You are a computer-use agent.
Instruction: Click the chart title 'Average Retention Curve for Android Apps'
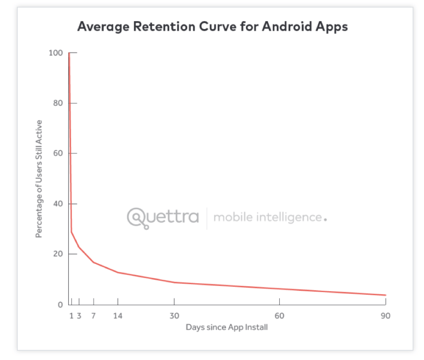(213, 27)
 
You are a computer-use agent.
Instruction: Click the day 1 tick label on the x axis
(72, 316)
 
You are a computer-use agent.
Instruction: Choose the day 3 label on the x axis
(79, 316)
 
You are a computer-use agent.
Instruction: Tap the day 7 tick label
(93, 316)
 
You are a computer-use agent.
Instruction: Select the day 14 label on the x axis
(118, 316)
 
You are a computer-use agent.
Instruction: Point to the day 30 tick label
(174, 316)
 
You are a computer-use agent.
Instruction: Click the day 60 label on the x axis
(279, 316)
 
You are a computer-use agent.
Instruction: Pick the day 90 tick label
(385, 316)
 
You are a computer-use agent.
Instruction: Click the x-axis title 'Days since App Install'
(227, 327)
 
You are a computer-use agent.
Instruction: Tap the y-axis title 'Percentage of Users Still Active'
(39, 179)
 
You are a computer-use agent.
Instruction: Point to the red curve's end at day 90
(385, 295)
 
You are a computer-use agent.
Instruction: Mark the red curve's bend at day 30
(174, 282)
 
